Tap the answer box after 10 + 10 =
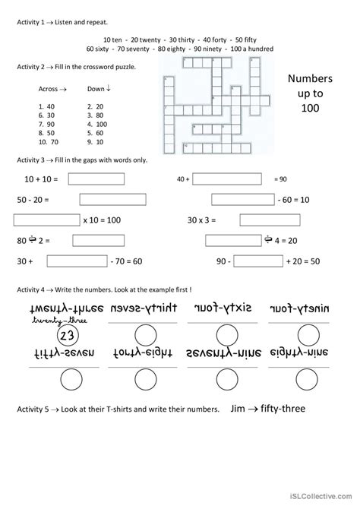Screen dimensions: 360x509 pos(96,179)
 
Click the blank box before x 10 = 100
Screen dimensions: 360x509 pos(46,220)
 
